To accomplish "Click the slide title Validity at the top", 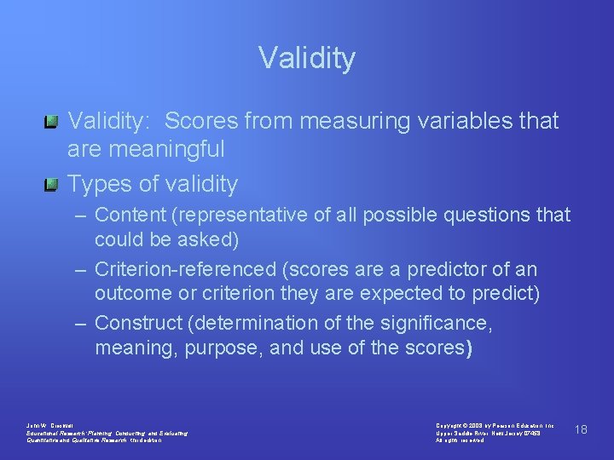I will tap(307, 59).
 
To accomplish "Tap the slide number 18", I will tap(581, 429).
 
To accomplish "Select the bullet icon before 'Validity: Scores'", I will tap(52, 122).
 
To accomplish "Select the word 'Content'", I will tap(132, 216).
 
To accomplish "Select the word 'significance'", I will tap(438, 325).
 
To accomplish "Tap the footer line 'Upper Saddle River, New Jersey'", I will tap(488, 433).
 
